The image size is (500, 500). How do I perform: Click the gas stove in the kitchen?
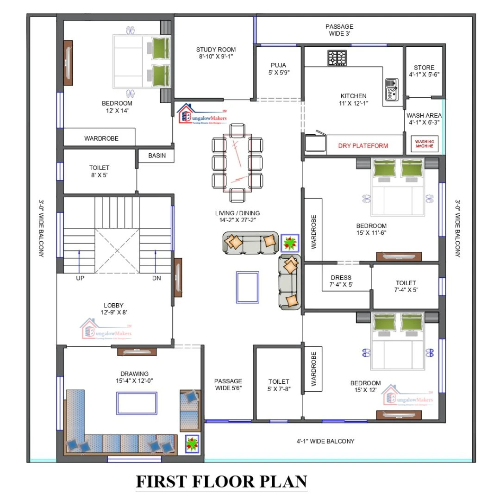tap(337, 58)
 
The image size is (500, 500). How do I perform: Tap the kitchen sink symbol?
tap(392, 89)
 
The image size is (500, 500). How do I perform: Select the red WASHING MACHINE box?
tap(425, 144)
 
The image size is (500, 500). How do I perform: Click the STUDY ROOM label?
tap(216, 50)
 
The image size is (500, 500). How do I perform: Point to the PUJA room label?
tap(278, 65)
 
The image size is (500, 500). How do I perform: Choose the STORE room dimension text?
tap(424, 75)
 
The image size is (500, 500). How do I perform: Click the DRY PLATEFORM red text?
tap(363, 145)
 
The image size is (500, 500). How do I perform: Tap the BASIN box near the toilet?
tap(157, 156)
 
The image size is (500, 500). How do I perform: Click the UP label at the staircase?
tap(80, 278)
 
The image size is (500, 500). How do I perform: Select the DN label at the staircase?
tap(156, 278)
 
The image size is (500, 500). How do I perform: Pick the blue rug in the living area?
tap(247, 287)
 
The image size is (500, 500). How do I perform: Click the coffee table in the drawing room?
tap(137, 403)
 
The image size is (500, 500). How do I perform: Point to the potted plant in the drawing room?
tap(192, 444)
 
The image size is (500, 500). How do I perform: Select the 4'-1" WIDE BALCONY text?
tap(325, 441)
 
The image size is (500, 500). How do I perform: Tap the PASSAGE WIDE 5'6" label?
tap(228, 384)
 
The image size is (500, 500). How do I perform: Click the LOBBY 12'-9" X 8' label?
tap(113, 308)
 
